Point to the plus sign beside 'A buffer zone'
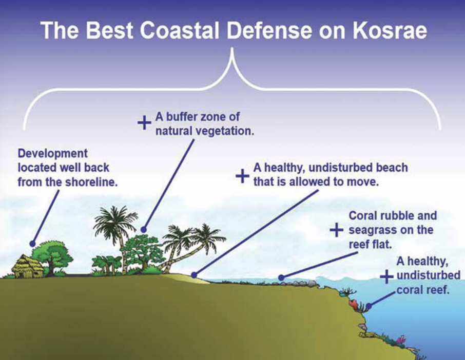click(x=144, y=122)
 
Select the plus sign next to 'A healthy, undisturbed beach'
click(x=242, y=176)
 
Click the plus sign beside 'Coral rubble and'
click(x=337, y=230)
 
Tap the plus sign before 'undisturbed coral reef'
click(x=386, y=276)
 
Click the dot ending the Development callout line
click(x=33, y=244)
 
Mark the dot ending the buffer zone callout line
click(x=144, y=229)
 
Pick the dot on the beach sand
click(x=194, y=275)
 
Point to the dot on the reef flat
click(x=281, y=277)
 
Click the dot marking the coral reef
click(x=369, y=306)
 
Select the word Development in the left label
click(x=53, y=154)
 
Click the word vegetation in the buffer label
click(x=226, y=131)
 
